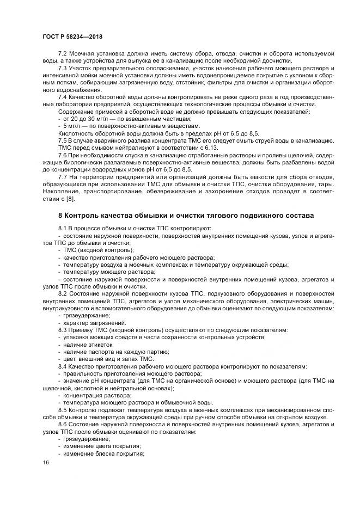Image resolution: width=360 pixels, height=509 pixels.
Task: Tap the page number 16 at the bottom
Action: click(x=45, y=462)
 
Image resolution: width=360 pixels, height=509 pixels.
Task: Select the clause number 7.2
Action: click(x=63, y=54)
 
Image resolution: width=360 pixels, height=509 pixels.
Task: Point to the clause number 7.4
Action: click(x=63, y=96)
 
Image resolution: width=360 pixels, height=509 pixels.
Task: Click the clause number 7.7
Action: click(x=63, y=177)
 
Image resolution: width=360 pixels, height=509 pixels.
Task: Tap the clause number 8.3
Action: click(x=63, y=330)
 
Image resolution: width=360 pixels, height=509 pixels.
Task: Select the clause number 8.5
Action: click(x=63, y=409)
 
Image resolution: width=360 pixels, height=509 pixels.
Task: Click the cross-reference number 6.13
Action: click(x=211, y=147)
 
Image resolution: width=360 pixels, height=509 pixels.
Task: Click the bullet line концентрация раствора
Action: click(x=94, y=395)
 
